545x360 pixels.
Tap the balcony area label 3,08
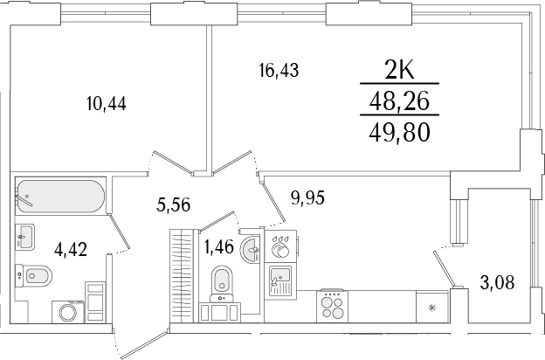pyautogui.click(x=498, y=281)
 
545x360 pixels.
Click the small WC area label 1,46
pyautogui.click(x=217, y=246)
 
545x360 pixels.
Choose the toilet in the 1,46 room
pyautogui.click(x=222, y=280)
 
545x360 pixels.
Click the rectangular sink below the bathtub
pyautogui.click(x=25, y=236)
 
